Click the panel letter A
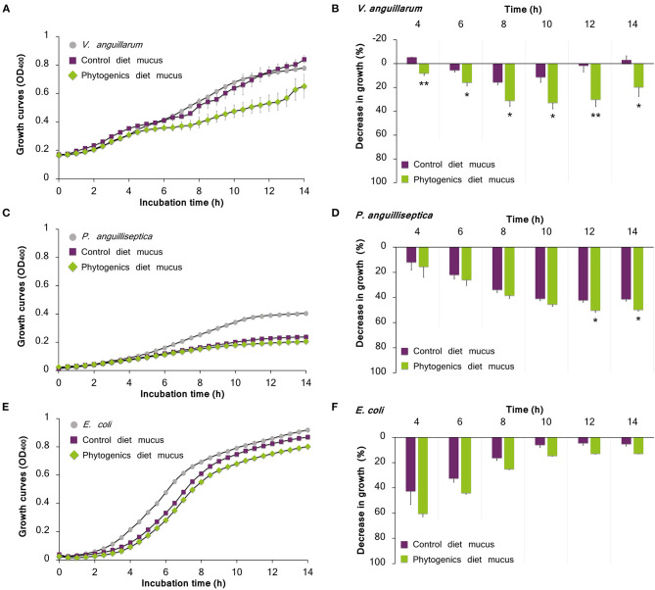[7, 8]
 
